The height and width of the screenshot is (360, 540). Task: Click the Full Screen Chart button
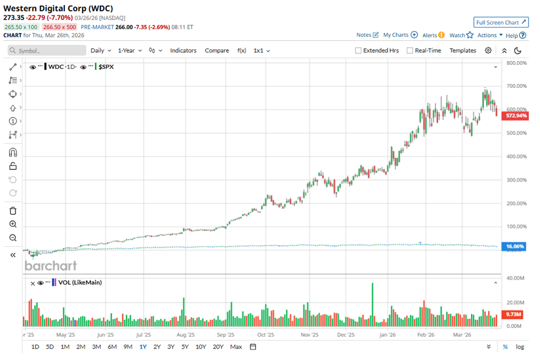pos(501,22)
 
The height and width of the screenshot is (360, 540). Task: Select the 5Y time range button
pos(185,346)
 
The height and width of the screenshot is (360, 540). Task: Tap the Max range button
pos(236,346)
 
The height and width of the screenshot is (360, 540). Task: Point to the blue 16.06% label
pos(516,246)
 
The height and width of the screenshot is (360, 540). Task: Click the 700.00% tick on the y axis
pos(516,86)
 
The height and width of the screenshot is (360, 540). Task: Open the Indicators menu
pos(183,51)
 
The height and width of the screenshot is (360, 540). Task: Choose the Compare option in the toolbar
pos(217,51)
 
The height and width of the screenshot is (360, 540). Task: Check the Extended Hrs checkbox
pos(358,51)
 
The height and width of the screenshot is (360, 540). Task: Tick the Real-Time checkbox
pos(410,51)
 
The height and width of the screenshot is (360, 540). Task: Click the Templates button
pos(462,51)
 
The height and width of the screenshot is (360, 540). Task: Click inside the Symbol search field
pos(46,51)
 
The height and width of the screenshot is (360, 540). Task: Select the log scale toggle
pos(520,347)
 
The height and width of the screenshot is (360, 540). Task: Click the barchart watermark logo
pos(51,266)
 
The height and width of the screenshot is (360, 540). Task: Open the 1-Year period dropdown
pos(129,51)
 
